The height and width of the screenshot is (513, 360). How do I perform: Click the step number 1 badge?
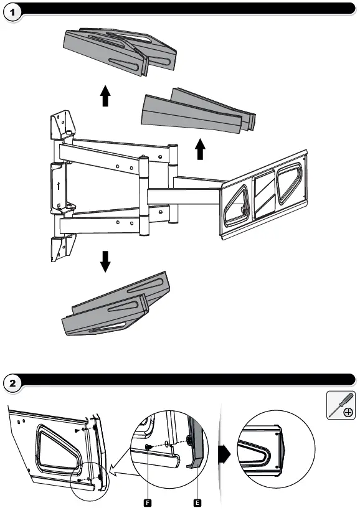[12, 12]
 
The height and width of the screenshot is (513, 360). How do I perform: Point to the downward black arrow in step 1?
[105, 262]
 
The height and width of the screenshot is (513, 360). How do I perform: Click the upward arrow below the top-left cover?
[105, 96]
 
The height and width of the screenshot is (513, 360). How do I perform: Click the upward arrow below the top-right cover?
[200, 149]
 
